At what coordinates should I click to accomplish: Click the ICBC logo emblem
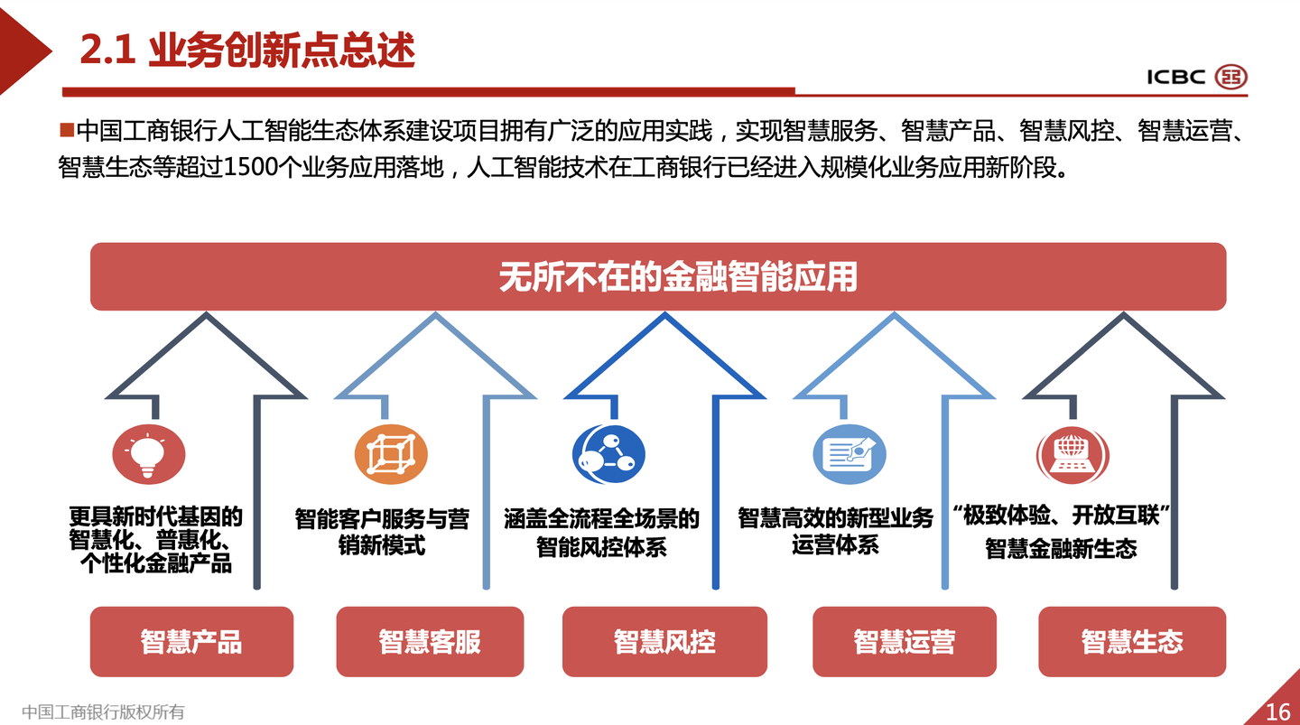coord(1230,77)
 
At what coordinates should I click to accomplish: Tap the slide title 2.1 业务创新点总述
coord(247,51)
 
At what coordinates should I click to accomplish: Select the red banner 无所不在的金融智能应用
coord(658,276)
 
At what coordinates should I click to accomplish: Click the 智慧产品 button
coord(191,641)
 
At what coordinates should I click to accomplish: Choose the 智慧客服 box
coord(430,641)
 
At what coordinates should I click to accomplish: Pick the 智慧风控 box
coord(664,641)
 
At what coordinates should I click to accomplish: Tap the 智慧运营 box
coord(905,641)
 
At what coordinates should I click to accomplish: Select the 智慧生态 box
coord(1132,641)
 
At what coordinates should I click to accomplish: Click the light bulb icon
coord(148,454)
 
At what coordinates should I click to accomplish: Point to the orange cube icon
coord(390,454)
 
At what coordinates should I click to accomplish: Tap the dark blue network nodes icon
coord(608,454)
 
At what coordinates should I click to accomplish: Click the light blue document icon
coord(849,454)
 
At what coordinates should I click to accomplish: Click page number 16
coord(1277,711)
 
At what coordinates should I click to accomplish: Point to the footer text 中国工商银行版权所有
coord(103,711)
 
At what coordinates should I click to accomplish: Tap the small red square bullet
coord(66,131)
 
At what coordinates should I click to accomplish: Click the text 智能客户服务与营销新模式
coord(382,532)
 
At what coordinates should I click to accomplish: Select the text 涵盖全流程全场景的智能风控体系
coord(601,532)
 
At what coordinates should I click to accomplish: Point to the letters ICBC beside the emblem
coord(1175,77)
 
